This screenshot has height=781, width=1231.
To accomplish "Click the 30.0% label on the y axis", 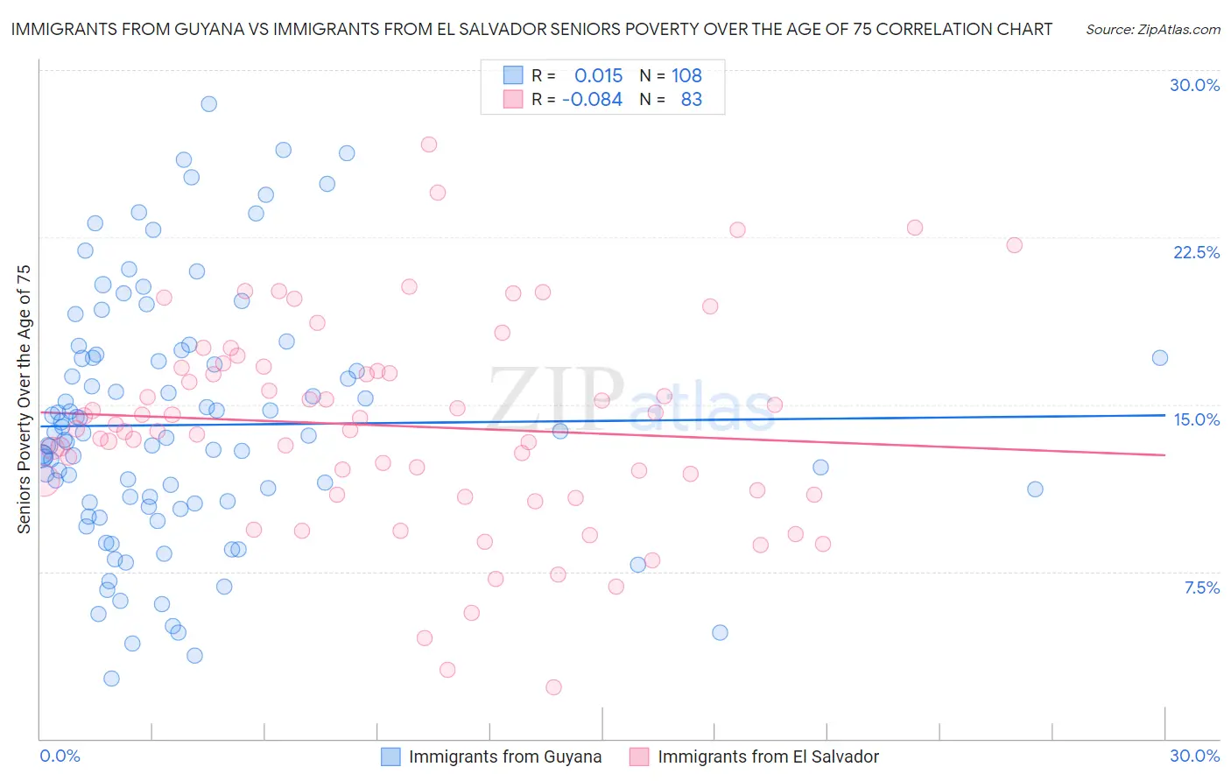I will [x=1194, y=85].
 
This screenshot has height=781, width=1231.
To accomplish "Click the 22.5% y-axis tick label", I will [x=1196, y=252].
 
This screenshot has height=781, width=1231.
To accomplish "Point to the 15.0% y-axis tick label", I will [x=1196, y=419].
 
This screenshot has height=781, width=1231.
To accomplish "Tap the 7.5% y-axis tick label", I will [x=1201, y=588].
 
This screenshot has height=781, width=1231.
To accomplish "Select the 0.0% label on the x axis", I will [x=60, y=756].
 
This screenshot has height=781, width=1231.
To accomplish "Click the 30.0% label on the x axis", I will [x=1194, y=756].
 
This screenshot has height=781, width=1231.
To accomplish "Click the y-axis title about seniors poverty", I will [x=24, y=398].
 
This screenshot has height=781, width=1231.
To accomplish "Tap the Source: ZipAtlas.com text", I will [x=1152, y=29].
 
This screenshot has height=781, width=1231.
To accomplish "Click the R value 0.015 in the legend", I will [x=598, y=75].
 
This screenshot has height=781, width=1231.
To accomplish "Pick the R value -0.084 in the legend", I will [x=592, y=99].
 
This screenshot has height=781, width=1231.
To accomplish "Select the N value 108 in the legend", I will [x=686, y=75].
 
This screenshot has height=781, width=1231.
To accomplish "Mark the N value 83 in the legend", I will [x=692, y=99].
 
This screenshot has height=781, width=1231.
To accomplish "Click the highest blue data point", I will [x=208, y=103].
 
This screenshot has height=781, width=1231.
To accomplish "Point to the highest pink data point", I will [x=428, y=144].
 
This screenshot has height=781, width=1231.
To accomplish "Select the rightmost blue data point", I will [x=1160, y=357].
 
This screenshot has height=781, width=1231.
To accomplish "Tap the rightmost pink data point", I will [x=1014, y=245].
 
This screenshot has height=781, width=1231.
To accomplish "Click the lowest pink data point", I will [x=553, y=687].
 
